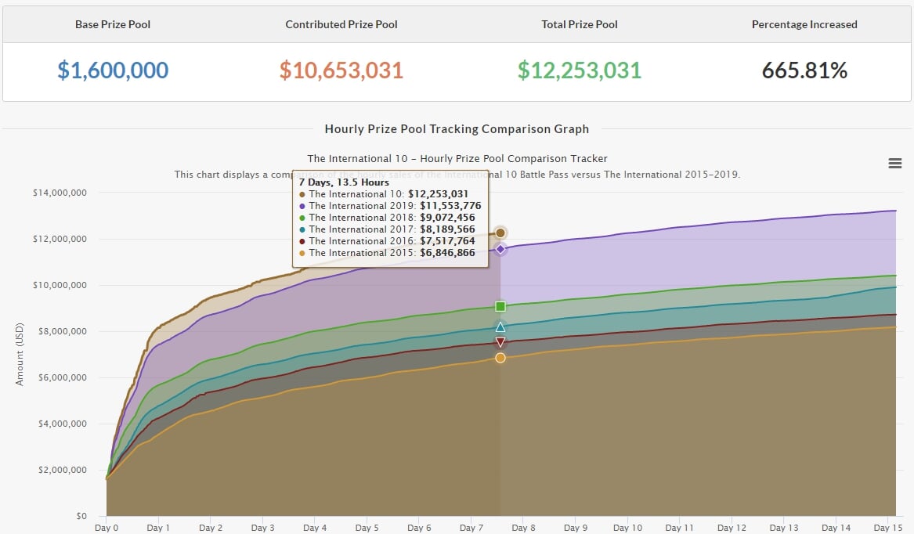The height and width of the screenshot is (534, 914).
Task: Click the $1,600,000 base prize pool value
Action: (113, 70)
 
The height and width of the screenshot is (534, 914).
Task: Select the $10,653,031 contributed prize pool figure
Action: (341, 70)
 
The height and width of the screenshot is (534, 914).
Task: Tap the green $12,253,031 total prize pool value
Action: (580, 70)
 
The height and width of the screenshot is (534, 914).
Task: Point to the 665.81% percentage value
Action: (804, 70)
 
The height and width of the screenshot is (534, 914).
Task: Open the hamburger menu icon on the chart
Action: (894, 163)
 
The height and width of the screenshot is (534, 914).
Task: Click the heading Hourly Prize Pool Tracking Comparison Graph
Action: (457, 129)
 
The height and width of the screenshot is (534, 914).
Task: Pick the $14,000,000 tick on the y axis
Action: (60, 193)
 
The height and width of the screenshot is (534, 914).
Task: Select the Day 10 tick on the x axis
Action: (627, 528)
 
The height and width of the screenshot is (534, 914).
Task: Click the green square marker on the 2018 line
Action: (500, 306)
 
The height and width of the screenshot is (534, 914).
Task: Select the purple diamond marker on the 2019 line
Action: (500, 249)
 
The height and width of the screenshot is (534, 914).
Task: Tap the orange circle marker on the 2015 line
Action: (500, 358)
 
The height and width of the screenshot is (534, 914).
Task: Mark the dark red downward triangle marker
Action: (500, 342)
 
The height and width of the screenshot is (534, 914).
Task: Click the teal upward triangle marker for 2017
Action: (500, 327)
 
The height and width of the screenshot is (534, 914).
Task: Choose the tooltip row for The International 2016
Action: (388, 241)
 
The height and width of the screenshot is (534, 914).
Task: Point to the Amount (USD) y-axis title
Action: (20, 355)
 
